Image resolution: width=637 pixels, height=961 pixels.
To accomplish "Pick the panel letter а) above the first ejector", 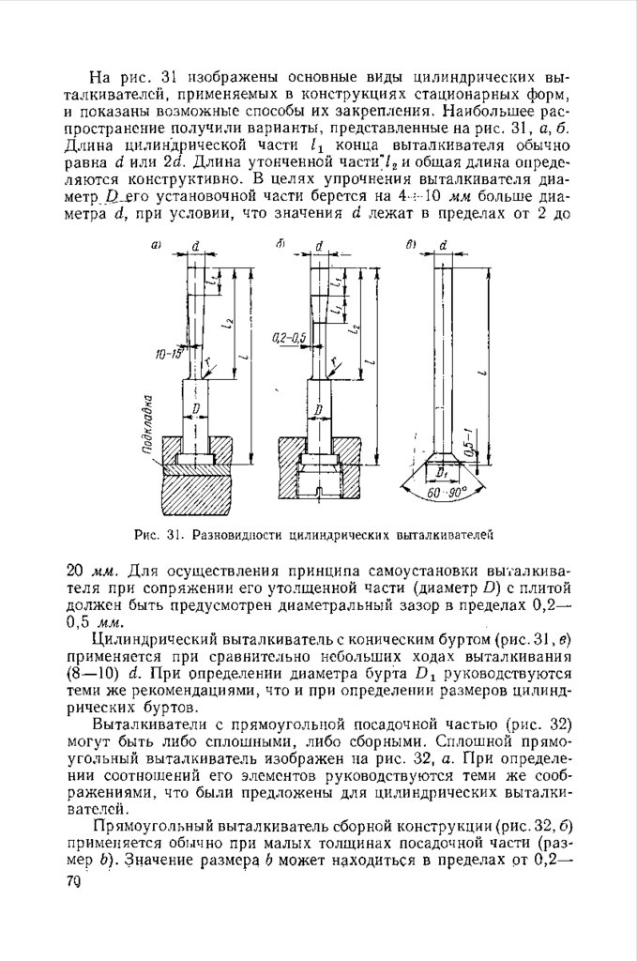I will [x=157, y=246].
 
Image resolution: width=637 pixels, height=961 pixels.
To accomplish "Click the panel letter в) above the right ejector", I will [x=411, y=245].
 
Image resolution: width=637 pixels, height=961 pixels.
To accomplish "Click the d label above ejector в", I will [x=442, y=245].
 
